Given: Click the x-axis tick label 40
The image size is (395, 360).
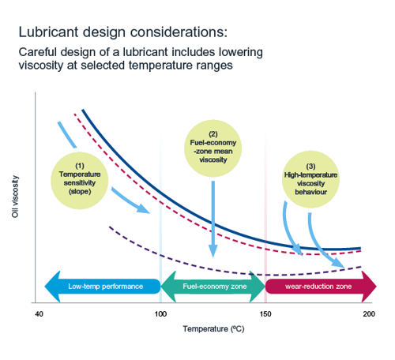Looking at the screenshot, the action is coord(39,314).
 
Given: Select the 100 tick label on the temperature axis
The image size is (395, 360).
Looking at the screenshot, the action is coord(160,314).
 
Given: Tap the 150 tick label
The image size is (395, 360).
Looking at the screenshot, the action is coord(265,314).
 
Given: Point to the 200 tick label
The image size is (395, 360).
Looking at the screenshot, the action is coord(369,314).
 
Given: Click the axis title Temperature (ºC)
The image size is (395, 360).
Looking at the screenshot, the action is coord(213,329).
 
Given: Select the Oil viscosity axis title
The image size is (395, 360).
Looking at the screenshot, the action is coord(15,197).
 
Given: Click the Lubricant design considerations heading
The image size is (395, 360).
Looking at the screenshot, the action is coord(123,32).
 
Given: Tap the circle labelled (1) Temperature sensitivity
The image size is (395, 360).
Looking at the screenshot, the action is coord(80,181).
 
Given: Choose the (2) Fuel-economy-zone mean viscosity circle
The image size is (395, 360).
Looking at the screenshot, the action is coord(213,148).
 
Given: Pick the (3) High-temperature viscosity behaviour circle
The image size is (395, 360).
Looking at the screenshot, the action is coord(310,179).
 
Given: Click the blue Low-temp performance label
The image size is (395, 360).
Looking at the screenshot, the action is coord(105,287).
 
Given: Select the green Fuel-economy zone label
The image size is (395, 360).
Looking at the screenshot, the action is coord(215,287).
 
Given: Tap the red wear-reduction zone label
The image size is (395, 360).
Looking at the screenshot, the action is coord(318,287).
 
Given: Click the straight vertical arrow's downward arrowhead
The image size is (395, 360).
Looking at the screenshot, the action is coord(213,251).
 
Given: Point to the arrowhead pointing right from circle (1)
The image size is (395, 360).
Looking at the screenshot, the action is coord(143,208).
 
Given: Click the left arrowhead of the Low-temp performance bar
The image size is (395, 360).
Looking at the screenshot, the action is coord(53,287).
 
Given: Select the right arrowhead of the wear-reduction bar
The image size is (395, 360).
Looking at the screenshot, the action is coord(369,287).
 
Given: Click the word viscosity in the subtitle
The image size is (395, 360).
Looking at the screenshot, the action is coord(41,66).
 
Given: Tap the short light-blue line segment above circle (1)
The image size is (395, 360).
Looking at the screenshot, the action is coord(67,135).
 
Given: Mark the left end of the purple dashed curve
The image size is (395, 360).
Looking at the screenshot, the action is coord(110,227).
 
